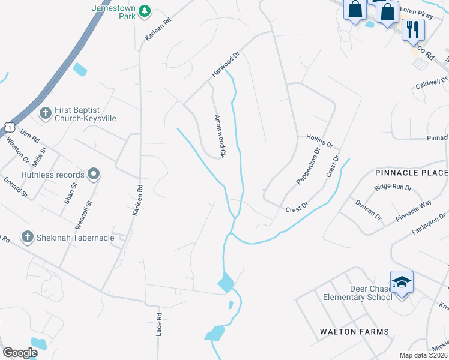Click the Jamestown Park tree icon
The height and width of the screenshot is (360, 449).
(144, 11)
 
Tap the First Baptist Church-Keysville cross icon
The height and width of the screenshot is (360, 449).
(45, 113)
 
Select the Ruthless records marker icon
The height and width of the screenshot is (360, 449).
(93, 175)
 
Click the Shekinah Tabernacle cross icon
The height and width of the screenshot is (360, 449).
(27, 237)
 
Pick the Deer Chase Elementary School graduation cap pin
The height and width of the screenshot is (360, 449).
(402, 281)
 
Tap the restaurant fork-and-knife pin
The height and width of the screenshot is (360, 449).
(412, 29)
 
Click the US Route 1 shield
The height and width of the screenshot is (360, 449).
(8, 126)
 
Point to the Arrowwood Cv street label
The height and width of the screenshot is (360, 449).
(220, 136)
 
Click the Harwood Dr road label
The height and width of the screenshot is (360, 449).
(225, 65)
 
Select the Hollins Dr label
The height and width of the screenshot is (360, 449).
(319, 142)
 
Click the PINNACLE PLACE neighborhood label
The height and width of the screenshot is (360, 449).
(411, 173)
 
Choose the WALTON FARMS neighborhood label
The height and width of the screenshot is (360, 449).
(354, 332)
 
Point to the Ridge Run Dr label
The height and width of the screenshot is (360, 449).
(393, 187)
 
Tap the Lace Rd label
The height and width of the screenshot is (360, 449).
(160, 324)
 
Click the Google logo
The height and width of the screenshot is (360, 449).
(20, 353)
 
